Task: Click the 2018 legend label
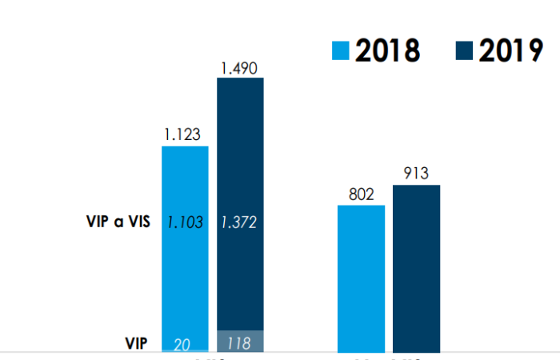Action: pyautogui.click(x=387, y=50)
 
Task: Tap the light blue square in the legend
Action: pyautogui.click(x=341, y=51)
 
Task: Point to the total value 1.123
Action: pyautogui.click(x=182, y=134)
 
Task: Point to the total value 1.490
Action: pyautogui.click(x=239, y=67)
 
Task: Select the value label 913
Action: pyautogui.click(x=417, y=174)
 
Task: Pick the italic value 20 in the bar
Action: pyautogui.click(x=182, y=344)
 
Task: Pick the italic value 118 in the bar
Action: pyautogui.click(x=238, y=344)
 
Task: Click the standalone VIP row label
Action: pyautogui.click(x=136, y=343)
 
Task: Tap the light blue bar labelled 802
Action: pyautogui.click(x=361, y=280)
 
